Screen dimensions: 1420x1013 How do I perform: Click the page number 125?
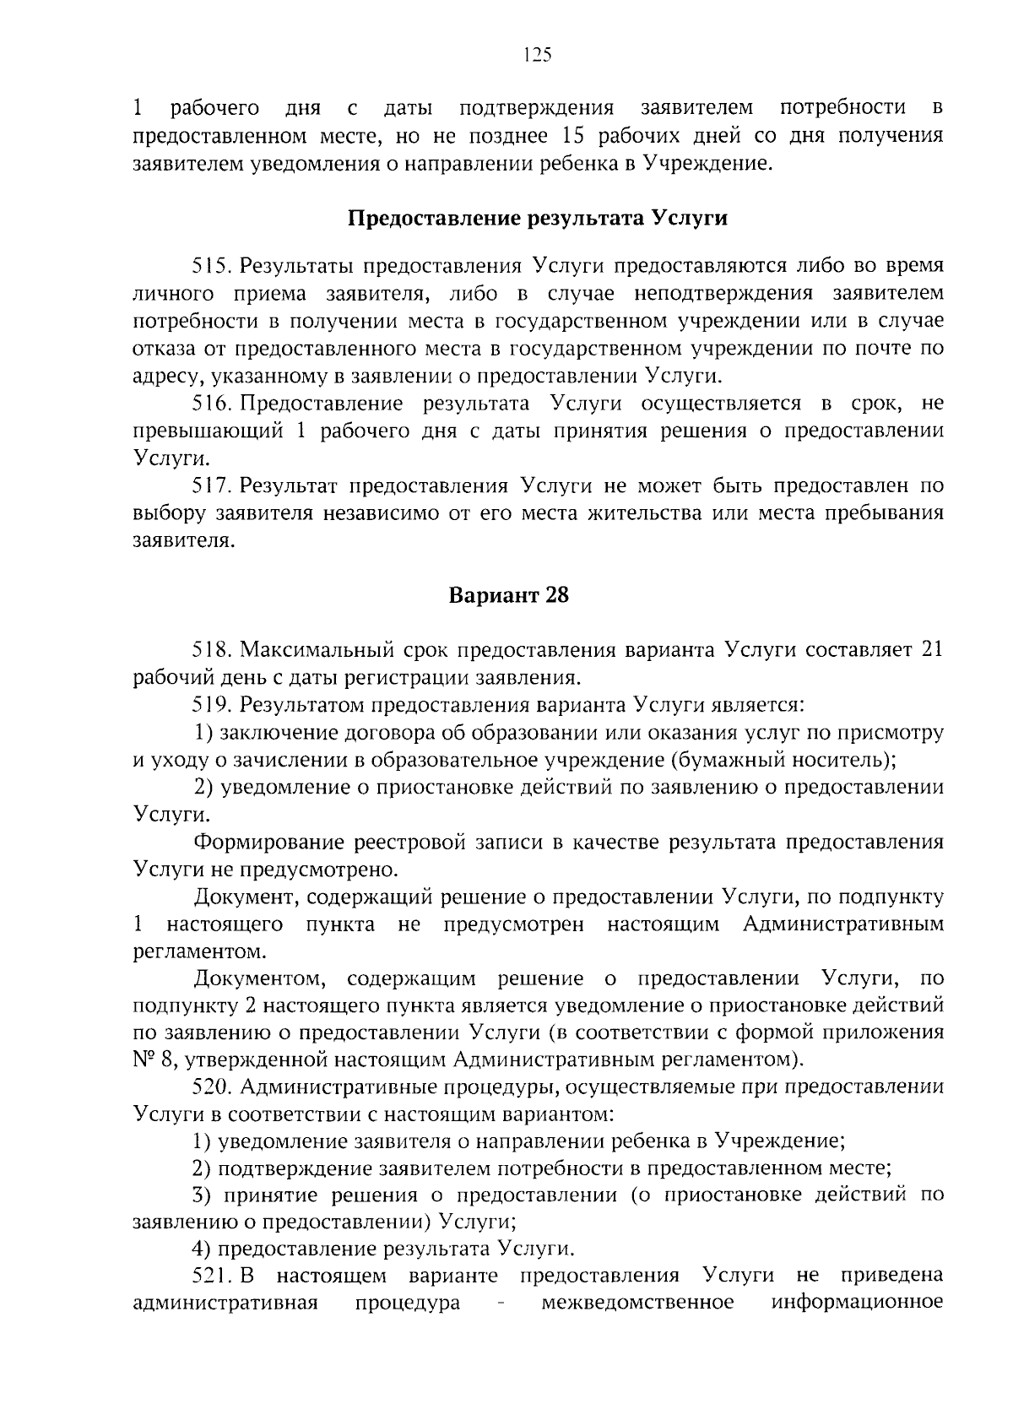[x=537, y=56]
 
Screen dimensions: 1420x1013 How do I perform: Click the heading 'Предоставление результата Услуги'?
[x=538, y=219]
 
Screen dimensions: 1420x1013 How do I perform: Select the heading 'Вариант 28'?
[x=508, y=595]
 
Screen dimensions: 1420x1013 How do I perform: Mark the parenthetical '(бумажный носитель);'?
[x=783, y=760]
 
